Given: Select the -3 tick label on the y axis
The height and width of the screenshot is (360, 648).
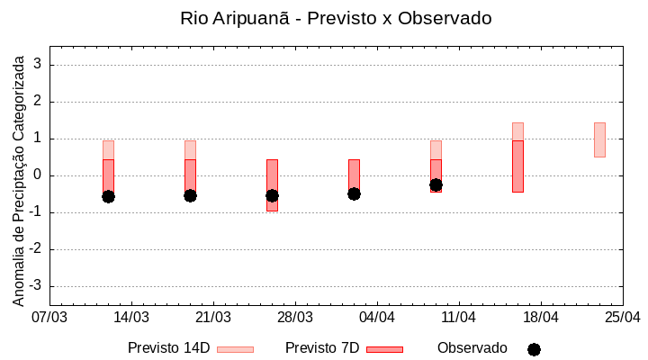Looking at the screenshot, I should coord(37,286).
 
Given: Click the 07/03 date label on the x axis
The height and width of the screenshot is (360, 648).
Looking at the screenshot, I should coord(49,318).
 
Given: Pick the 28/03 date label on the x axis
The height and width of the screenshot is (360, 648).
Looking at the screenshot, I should coord(295,318).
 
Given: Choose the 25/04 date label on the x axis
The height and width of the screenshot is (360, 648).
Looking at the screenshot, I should coord(623,318).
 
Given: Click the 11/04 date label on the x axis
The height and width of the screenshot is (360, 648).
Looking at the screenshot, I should coord(459,318).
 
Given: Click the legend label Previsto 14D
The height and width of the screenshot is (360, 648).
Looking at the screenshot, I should coord(168,348).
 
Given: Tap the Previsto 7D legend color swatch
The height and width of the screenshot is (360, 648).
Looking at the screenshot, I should coord(384,349).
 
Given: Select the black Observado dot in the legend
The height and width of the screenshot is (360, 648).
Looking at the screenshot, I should coord(534,349).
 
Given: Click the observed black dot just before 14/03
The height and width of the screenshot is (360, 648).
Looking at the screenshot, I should coord(108,196).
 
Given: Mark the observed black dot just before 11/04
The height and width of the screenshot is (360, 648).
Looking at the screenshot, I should coord(436,184).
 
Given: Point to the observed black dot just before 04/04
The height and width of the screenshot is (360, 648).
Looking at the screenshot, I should coord(354,193).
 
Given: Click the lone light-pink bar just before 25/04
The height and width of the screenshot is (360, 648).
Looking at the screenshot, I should coord(599,139).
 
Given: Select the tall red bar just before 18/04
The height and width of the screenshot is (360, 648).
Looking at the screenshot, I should coord(517,166).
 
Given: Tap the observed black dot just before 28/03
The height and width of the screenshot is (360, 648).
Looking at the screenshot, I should coord(272,195).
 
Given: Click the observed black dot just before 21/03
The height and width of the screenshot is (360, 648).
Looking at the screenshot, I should coord(190,195).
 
